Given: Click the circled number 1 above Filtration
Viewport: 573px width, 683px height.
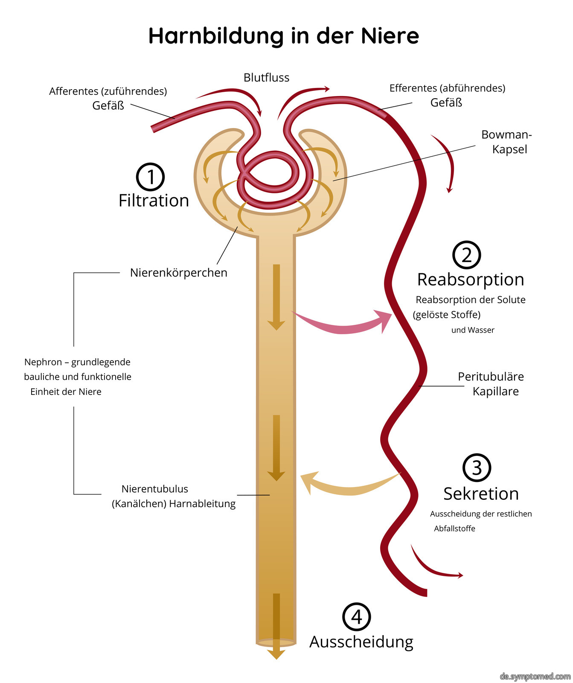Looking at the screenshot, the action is coord(151,177).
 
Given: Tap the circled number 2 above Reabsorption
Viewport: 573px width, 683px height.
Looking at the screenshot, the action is coord(466,255).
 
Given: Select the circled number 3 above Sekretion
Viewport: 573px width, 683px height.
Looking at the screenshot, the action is coord(477,468).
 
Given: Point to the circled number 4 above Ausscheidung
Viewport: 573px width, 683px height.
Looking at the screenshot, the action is coord(357,616).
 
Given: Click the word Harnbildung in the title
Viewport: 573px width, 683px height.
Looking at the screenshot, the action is coord(216,36).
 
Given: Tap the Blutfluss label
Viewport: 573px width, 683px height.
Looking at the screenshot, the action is coord(266,78).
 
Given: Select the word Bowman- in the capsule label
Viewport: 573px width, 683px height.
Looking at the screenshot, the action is coord(506,134).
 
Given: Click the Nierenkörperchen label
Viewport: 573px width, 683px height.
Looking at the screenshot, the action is coord(179,273).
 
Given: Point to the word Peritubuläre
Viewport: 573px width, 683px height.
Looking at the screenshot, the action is coord(491,377).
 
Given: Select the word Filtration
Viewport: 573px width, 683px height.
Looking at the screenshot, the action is coord(154,201).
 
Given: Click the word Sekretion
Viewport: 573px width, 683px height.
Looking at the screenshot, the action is coord(481,494).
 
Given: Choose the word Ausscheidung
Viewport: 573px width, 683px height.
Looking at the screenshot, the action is coord(361,642).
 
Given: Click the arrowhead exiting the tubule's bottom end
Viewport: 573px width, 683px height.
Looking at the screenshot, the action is coord(276,654).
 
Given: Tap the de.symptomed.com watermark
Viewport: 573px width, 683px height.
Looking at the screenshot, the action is coord(535,677).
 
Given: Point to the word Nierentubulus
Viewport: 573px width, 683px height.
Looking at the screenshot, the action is coord(155,489).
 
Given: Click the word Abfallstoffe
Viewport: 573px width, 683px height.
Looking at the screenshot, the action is coord(454,528).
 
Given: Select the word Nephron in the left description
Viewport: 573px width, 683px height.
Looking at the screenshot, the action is coord(43,362).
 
